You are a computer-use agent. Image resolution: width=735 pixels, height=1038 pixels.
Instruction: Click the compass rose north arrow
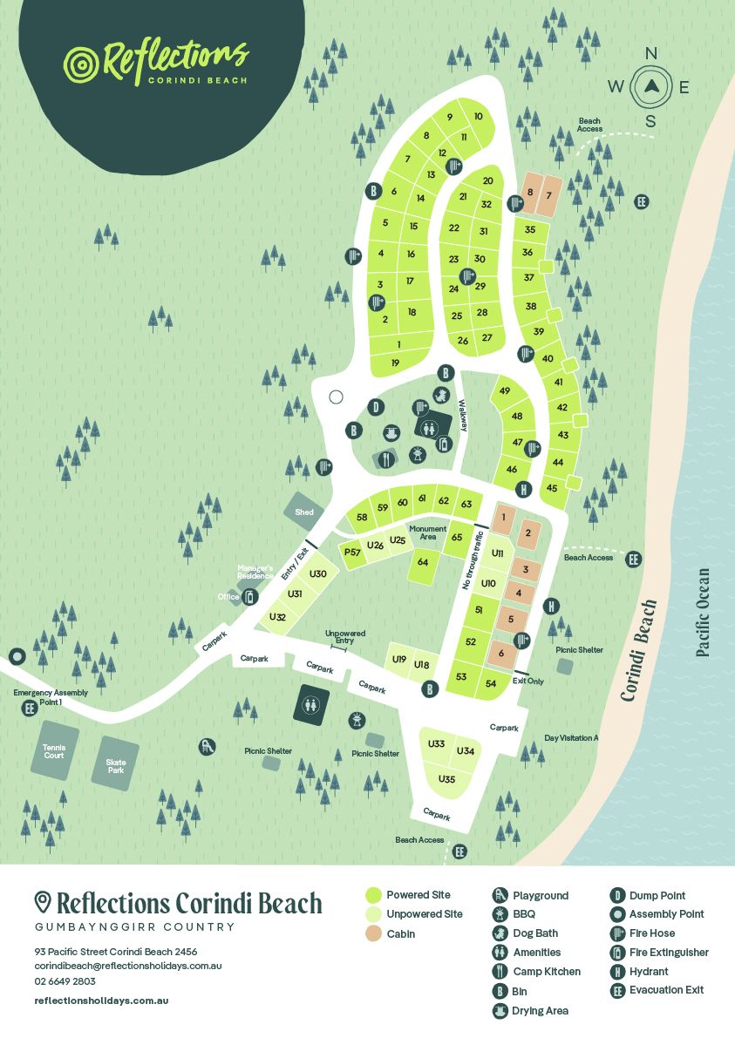[650, 85]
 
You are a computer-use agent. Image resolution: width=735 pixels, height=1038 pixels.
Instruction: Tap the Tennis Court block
[54, 750]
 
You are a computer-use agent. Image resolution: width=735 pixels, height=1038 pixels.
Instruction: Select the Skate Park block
[116, 765]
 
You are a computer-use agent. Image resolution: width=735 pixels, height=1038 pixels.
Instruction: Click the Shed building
[304, 512]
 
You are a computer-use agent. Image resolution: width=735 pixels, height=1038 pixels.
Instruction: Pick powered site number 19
[395, 363]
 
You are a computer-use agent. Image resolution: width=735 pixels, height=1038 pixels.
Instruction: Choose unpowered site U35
[446, 778]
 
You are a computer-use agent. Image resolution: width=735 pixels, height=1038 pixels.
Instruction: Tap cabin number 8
[530, 193]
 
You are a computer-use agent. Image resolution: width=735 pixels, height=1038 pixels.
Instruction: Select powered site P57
[352, 553]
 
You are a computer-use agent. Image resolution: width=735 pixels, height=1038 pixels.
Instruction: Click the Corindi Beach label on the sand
[638, 650]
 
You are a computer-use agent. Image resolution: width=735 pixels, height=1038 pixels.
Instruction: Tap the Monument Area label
[427, 533]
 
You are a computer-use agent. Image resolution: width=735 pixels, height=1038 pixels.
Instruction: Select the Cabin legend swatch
[373, 933]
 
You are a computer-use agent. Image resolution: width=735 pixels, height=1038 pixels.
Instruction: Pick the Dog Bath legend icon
[500, 933]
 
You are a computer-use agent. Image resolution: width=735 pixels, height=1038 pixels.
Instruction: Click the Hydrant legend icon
[617, 971]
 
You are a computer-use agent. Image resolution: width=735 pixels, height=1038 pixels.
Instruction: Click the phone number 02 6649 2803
[65, 981]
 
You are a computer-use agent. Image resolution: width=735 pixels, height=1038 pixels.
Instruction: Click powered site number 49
[504, 390]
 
